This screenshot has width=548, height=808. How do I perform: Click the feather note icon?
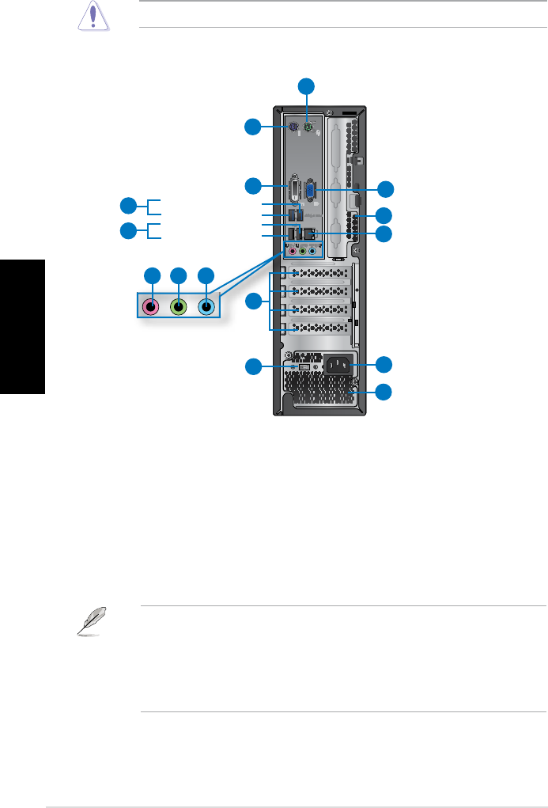[90, 622]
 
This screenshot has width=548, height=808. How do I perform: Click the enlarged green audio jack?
[180, 305]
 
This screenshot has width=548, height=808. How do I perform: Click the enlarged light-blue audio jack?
[206, 305]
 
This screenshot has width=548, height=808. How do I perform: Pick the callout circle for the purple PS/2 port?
[252, 126]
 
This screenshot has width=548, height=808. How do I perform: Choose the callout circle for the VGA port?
[384, 188]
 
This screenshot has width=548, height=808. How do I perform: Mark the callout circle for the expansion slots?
[252, 301]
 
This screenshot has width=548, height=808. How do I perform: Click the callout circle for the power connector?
[384, 364]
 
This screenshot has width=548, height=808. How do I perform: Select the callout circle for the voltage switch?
[252, 366]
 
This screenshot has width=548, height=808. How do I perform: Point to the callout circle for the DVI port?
[252, 186]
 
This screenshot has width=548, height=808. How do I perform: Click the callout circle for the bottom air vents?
[384, 391]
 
